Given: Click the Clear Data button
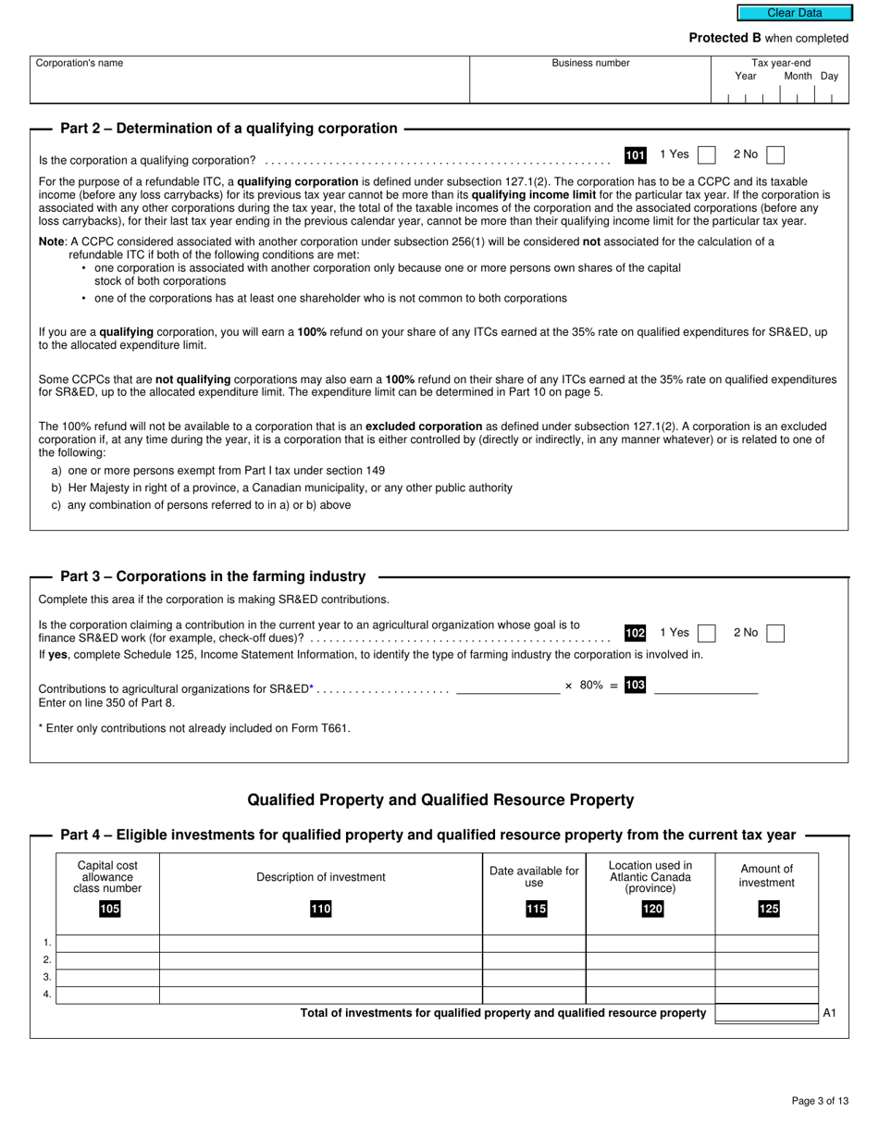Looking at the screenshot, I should (x=794, y=13).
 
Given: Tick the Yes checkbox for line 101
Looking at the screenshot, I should (x=706, y=155).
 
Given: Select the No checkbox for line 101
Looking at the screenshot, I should (x=776, y=155).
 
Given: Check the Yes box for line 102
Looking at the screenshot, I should (x=706, y=634).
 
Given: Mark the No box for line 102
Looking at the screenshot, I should (x=776, y=634).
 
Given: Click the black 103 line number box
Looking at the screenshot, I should (x=635, y=686).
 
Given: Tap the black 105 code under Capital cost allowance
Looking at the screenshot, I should (x=109, y=909).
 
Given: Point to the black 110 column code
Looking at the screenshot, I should (x=320, y=909).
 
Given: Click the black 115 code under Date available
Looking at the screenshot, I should (x=536, y=909).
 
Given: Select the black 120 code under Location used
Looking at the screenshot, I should (x=652, y=909).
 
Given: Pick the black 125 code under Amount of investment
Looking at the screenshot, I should (x=769, y=909).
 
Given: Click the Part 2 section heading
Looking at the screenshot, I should (x=229, y=129).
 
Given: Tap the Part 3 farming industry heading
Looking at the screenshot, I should (x=213, y=576).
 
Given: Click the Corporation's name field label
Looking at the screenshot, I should (x=79, y=63).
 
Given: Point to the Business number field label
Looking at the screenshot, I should (x=590, y=63).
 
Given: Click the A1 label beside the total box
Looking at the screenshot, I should (x=829, y=1013).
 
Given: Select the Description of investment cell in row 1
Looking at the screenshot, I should (x=320, y=944).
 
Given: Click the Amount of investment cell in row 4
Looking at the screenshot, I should (x=766, y=996).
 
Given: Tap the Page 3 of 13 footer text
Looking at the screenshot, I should (x=820, y=1101).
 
